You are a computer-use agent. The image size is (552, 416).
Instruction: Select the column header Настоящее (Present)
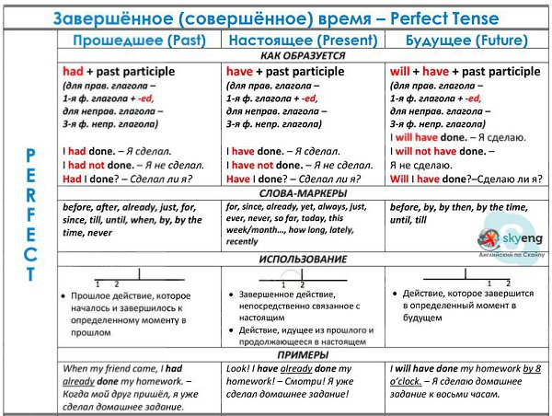click(303, 40)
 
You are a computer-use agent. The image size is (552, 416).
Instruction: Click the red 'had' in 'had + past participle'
click(74, 72)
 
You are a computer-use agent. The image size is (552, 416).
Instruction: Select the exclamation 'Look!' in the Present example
click(240, 368)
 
